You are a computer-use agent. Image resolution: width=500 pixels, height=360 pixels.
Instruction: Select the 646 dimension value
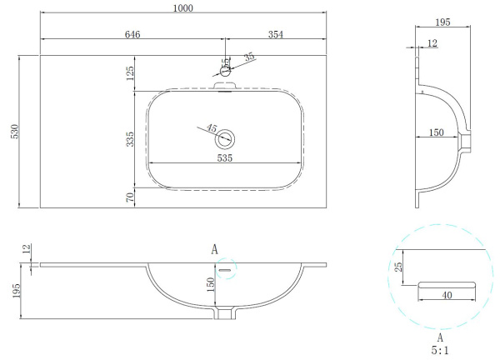[x=132, y=34]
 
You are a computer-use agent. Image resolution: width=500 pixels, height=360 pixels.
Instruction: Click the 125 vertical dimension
[x=130, y=76]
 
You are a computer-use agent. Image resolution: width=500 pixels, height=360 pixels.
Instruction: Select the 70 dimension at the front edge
[x=130, y=197]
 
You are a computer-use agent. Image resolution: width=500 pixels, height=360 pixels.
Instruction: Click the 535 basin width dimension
[x=224, y=157]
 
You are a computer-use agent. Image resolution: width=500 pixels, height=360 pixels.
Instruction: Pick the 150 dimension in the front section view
[x=212, y=283]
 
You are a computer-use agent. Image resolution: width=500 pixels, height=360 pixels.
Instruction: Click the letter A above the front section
[x=214, y=249]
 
